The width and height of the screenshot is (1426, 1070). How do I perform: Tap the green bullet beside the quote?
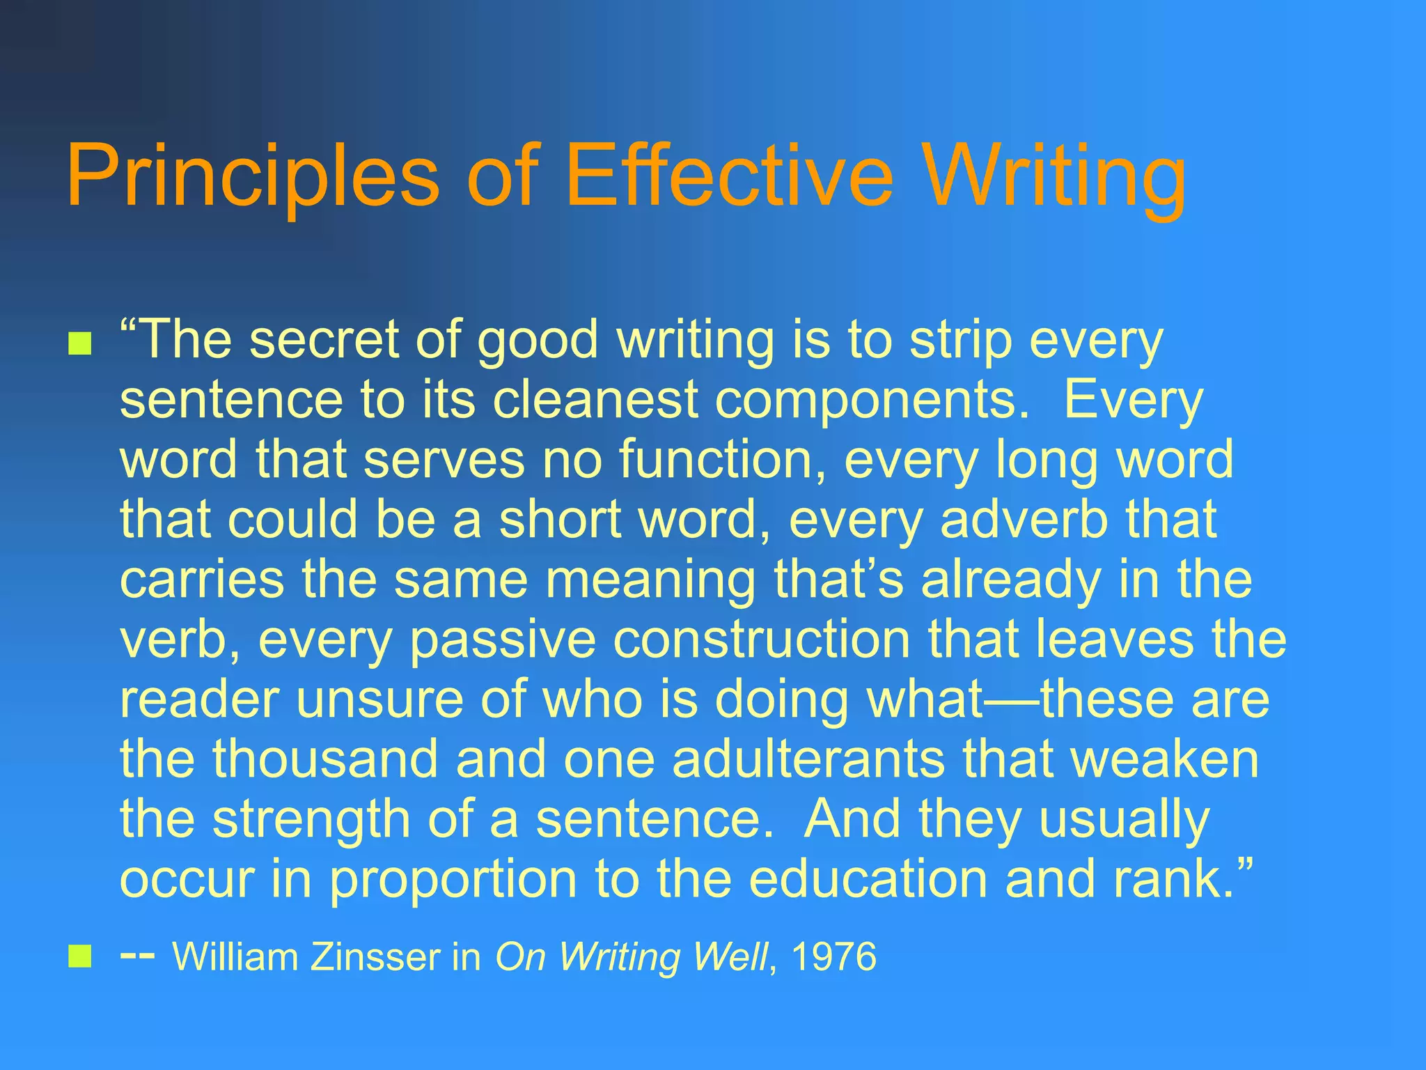pos(80,343)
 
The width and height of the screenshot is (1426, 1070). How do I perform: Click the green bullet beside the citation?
pos(80,956)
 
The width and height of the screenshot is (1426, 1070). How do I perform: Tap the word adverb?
pos(1024,520)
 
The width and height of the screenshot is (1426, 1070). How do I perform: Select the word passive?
pos(503,641)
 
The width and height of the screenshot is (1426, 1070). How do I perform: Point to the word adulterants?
pos(808,759)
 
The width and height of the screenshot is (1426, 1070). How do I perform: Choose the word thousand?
pos(325,759)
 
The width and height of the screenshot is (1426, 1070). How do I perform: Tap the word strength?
pos(311,821)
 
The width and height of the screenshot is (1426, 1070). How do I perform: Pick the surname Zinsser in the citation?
pos(376,956)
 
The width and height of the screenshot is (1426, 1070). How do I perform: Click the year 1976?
pos(833,956)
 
